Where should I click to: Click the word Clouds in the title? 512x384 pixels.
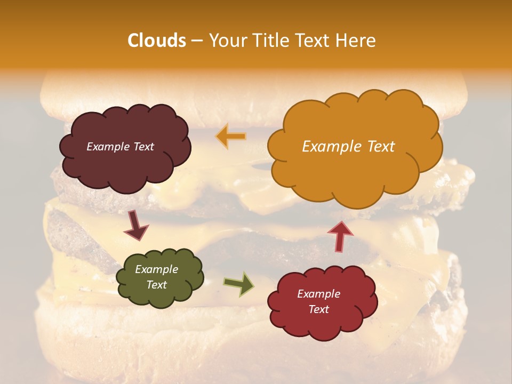click(x=156, y=41)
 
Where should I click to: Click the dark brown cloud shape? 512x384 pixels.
click(x=125, y=147)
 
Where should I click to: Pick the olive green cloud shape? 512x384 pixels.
click(x=159, y=277)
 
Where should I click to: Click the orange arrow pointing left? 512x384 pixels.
click(x=231, y=137)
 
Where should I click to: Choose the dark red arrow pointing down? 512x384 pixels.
click(x=137, y=226)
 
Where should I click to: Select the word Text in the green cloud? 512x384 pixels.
click(x=157, y=285)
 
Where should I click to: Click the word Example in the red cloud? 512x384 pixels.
click(x=319, y=294)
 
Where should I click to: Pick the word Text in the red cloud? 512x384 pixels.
click(x=319, y=309)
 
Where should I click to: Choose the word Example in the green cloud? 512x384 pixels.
click(x=157, y=269)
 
